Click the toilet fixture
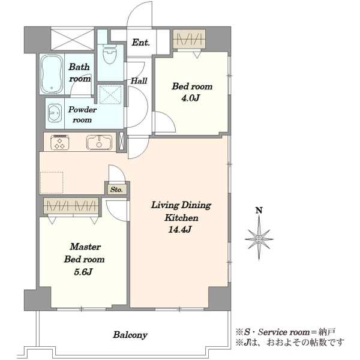tap(110, 54)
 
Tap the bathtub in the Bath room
tap(52, 74)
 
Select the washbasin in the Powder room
tap(55, 113)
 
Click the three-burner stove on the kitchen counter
tap(60, 142)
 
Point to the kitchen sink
tap(99, 142)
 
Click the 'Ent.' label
tap(141, 42)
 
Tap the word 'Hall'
tap(139, 81)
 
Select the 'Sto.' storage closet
tap(116, 190)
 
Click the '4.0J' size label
tap(190, 98)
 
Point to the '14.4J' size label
tap(180, 229)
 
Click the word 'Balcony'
tap(130, 335)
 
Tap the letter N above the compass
tap(259, 210)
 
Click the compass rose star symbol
tap(259, 239)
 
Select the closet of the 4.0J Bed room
tap(189, 39)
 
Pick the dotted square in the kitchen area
tap(52, 183)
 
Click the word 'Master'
tap(85, 247)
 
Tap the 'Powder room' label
tap(82, 115)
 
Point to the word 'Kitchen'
tap(181, 218)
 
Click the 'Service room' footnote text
tap(284, 332)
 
